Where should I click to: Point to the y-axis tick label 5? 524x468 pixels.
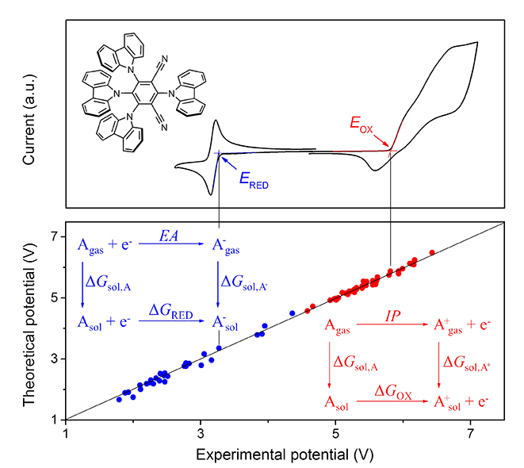[x=55, y=297]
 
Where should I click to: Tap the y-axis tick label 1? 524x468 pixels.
[x=55, y=419]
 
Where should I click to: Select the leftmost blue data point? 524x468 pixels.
[x=119, y=399]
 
